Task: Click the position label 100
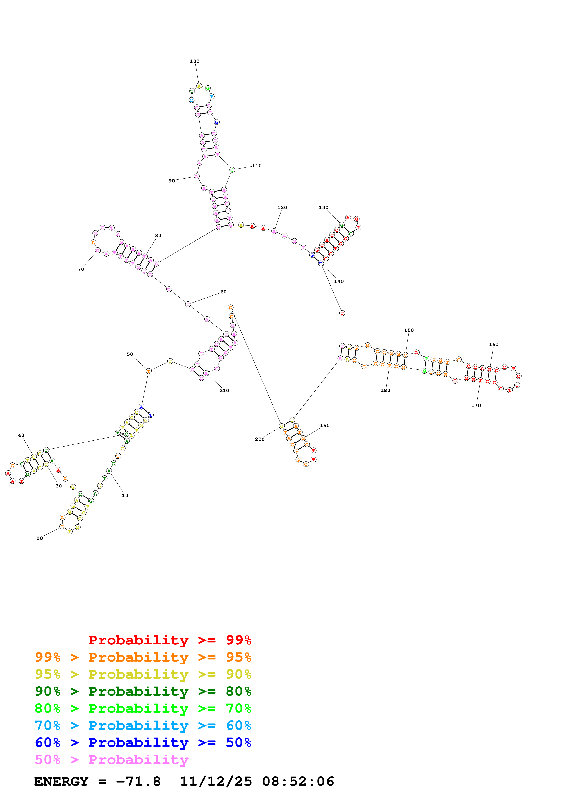pos(194,61)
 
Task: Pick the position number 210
pos(224,391)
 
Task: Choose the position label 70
pos(81,269)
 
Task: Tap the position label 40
pos(21,435)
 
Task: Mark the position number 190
pos(325,425)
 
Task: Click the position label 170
pos(476,405)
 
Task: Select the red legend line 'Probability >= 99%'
pos(169,640)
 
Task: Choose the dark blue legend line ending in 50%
pos(143,742)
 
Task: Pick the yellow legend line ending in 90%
pos(143,674)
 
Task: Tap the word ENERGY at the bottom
pos(61,781)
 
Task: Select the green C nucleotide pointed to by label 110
pos(232,170)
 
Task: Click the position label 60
pos(223,292)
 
